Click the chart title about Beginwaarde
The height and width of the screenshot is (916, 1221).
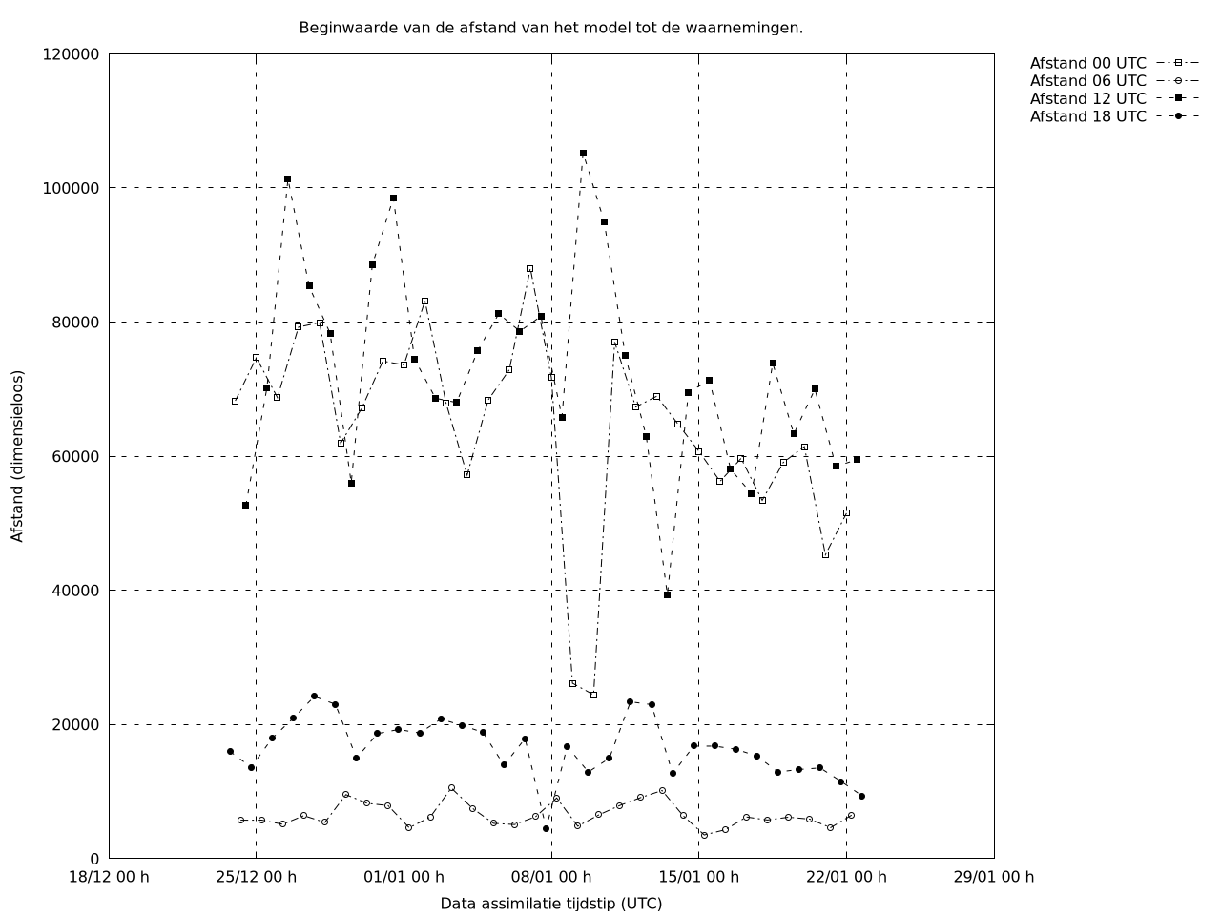[550, 28]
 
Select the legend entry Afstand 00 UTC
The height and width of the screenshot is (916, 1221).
[1087, 64]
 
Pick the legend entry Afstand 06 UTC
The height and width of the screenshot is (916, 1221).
[1087, 81]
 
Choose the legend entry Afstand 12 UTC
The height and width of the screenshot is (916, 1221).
[1087, 98]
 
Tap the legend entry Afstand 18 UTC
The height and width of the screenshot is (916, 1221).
[1087, 116]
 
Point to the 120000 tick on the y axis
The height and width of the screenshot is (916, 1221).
[72, 54]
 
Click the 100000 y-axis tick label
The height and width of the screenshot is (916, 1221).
[72, 189]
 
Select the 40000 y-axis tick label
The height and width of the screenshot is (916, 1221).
[75, 591]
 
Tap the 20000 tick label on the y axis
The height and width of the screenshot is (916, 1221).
[75, 725]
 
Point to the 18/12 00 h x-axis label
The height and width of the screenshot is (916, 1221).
[109, 877]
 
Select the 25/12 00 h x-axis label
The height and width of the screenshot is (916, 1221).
[256, 877]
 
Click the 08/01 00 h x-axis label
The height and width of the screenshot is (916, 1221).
[551, 877]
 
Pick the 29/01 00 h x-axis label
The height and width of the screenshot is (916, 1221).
[993, 877]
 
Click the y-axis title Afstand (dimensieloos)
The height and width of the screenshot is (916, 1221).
[18, 456]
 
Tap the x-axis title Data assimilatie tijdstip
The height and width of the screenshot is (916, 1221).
[550, 904]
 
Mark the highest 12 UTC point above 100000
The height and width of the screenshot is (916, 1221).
[583, 153]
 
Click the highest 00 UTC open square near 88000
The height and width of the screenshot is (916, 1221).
[529, 269]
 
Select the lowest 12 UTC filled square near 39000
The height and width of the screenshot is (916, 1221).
[667, 594]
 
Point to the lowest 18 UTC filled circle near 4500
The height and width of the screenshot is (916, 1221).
[546, 828]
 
